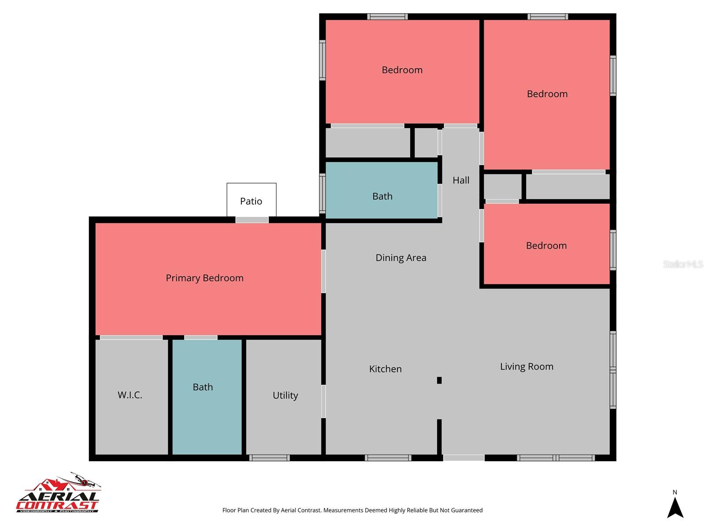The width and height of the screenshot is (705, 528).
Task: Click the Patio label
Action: (251, 201)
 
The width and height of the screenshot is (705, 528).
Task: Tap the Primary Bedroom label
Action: (204, 278)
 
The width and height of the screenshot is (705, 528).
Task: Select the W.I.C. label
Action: (130, 395)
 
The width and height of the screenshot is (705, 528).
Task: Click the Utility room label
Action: (285, 395)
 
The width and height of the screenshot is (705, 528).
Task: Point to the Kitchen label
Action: (385, 369)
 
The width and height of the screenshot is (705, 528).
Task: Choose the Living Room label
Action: (527, 367)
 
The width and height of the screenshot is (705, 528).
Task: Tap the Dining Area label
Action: (401, 258)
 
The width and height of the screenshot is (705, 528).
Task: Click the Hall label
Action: (461, 180)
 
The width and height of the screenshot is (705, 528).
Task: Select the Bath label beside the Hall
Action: (382, 196)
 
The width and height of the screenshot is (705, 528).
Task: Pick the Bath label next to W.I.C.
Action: (203, 387)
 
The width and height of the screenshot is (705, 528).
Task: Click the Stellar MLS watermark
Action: (683, 264)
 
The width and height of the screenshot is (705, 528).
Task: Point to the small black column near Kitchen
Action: (439, 380)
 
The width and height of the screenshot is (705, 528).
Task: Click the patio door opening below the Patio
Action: (252, 220)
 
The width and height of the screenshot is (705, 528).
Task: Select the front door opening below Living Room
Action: (464, 458)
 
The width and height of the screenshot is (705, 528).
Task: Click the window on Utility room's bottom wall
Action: (269, 458)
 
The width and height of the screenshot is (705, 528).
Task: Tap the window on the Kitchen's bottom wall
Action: (388, 458)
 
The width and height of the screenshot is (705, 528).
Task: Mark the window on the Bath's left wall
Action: (322, 194)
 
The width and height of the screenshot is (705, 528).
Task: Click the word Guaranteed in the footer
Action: (467, 510)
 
